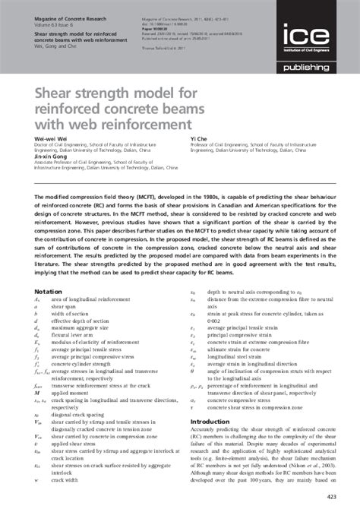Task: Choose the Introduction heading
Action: [211, 422]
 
